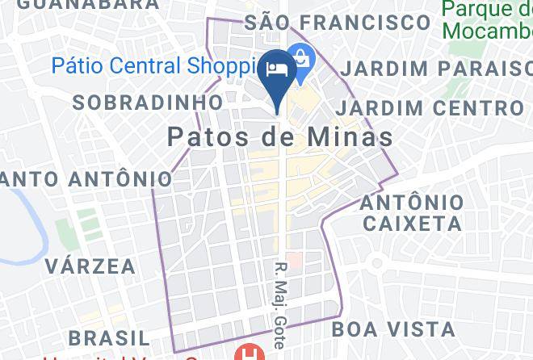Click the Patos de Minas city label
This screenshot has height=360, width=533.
click(280, 137)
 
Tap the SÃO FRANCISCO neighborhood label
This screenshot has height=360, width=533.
click(337, 22)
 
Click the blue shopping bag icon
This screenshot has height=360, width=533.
click(301, 58)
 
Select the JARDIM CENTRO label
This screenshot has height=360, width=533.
click(430, 107)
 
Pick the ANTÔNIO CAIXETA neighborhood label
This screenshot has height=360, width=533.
click(412, 211)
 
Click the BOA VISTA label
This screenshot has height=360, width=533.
click(393, 329)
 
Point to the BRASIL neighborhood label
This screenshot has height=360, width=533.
click(109, 336)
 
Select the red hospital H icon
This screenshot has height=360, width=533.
click(245, 353)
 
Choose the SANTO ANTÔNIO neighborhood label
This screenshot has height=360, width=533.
click(86, 178)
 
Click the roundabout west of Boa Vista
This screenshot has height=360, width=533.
click(376, 264)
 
